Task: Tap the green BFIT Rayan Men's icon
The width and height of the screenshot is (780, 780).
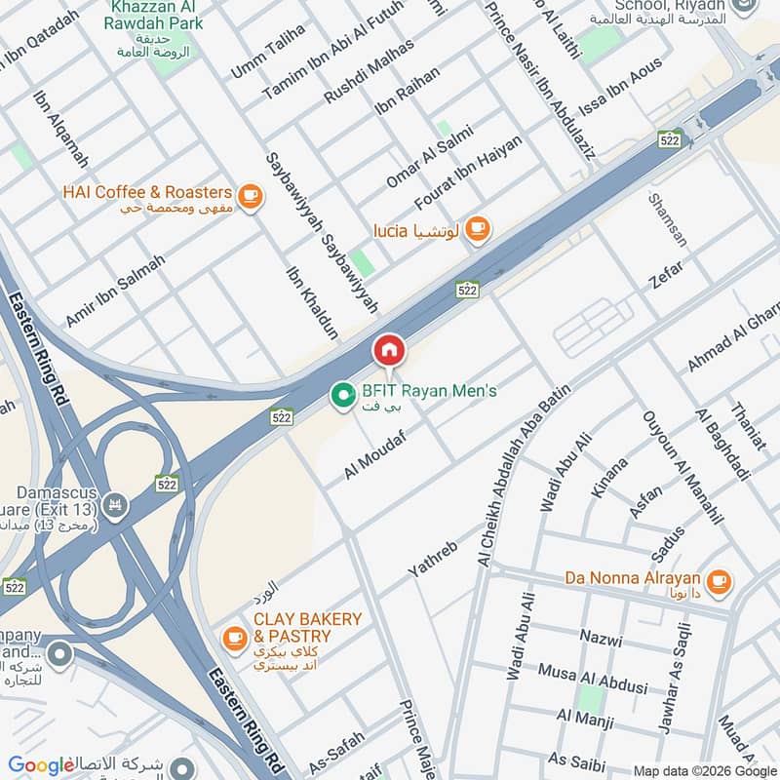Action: pyautogui.click(x=342, y=395)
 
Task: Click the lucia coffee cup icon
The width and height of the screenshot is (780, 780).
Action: pyautogui.click(x=476, y=229)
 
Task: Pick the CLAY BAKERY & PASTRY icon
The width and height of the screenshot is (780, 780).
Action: pyautogui.click(x=234, y=638)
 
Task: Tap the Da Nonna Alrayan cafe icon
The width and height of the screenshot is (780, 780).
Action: pyautogui.click(x=719, y=582)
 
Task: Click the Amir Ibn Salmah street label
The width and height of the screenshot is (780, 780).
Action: pyautogui.click(x=115, y=291)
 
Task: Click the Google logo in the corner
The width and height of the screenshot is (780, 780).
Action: pyautogui.click(x=41, y=765)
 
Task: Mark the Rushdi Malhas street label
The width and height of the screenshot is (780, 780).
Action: pyautogui.click(x=369, y=70)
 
